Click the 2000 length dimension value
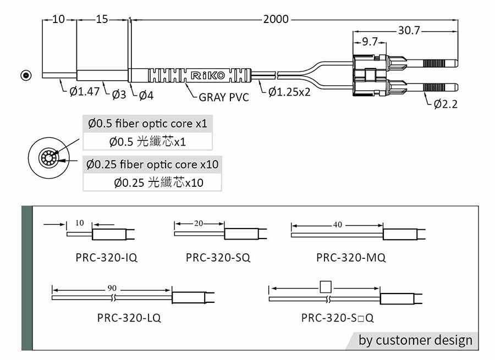(x=276, y=20)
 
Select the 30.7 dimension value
(x=409, y=31)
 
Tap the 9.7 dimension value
(x=370, y=41)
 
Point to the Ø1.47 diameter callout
(x=84, y=91)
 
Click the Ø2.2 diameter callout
(x=446, y=104)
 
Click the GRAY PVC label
(x=224, y=97)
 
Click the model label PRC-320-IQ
(x=107, y=257)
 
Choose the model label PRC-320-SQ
(x=218, y=257)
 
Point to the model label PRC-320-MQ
(x=351, y=257)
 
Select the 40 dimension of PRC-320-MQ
(x=337, y=224)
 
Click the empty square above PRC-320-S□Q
(x=326, y=287)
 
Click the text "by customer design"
(x=415, y=340)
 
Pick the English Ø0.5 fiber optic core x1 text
(x=147, y=123)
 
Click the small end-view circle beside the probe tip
(x=25, y=75)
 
